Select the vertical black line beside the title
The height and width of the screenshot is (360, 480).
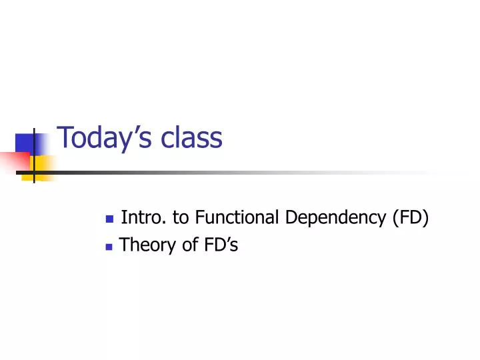coord(34,153)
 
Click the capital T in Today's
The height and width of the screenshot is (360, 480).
coord(65,137)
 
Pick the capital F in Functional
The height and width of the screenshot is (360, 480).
coord(199,218)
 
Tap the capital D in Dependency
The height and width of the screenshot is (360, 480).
coord(289,218)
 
